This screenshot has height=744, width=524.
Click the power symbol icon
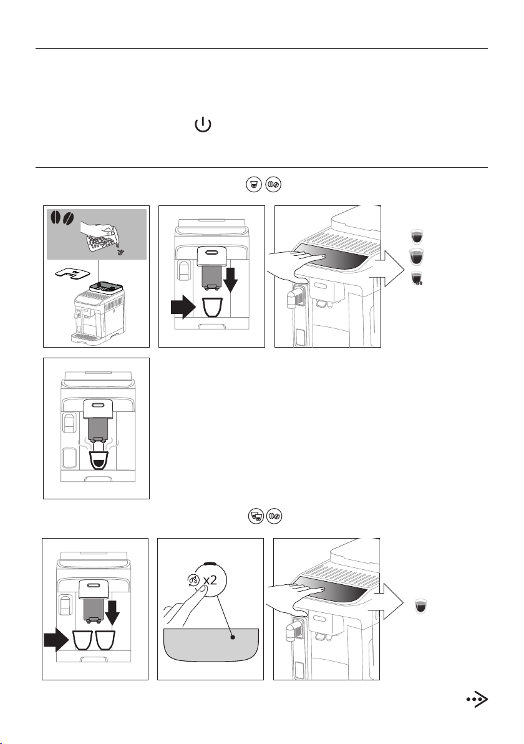203,125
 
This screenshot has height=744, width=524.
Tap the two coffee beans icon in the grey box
62,218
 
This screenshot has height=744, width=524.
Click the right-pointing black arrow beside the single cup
183,308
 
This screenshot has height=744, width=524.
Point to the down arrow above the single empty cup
230,280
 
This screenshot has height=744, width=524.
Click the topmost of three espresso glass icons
416,236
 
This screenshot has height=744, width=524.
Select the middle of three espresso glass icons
416,257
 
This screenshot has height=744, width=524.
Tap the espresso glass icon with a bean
417,278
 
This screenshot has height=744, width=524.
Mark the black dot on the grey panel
232,637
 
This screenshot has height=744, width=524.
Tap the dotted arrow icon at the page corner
477,700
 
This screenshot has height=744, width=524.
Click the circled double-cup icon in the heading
256,516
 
